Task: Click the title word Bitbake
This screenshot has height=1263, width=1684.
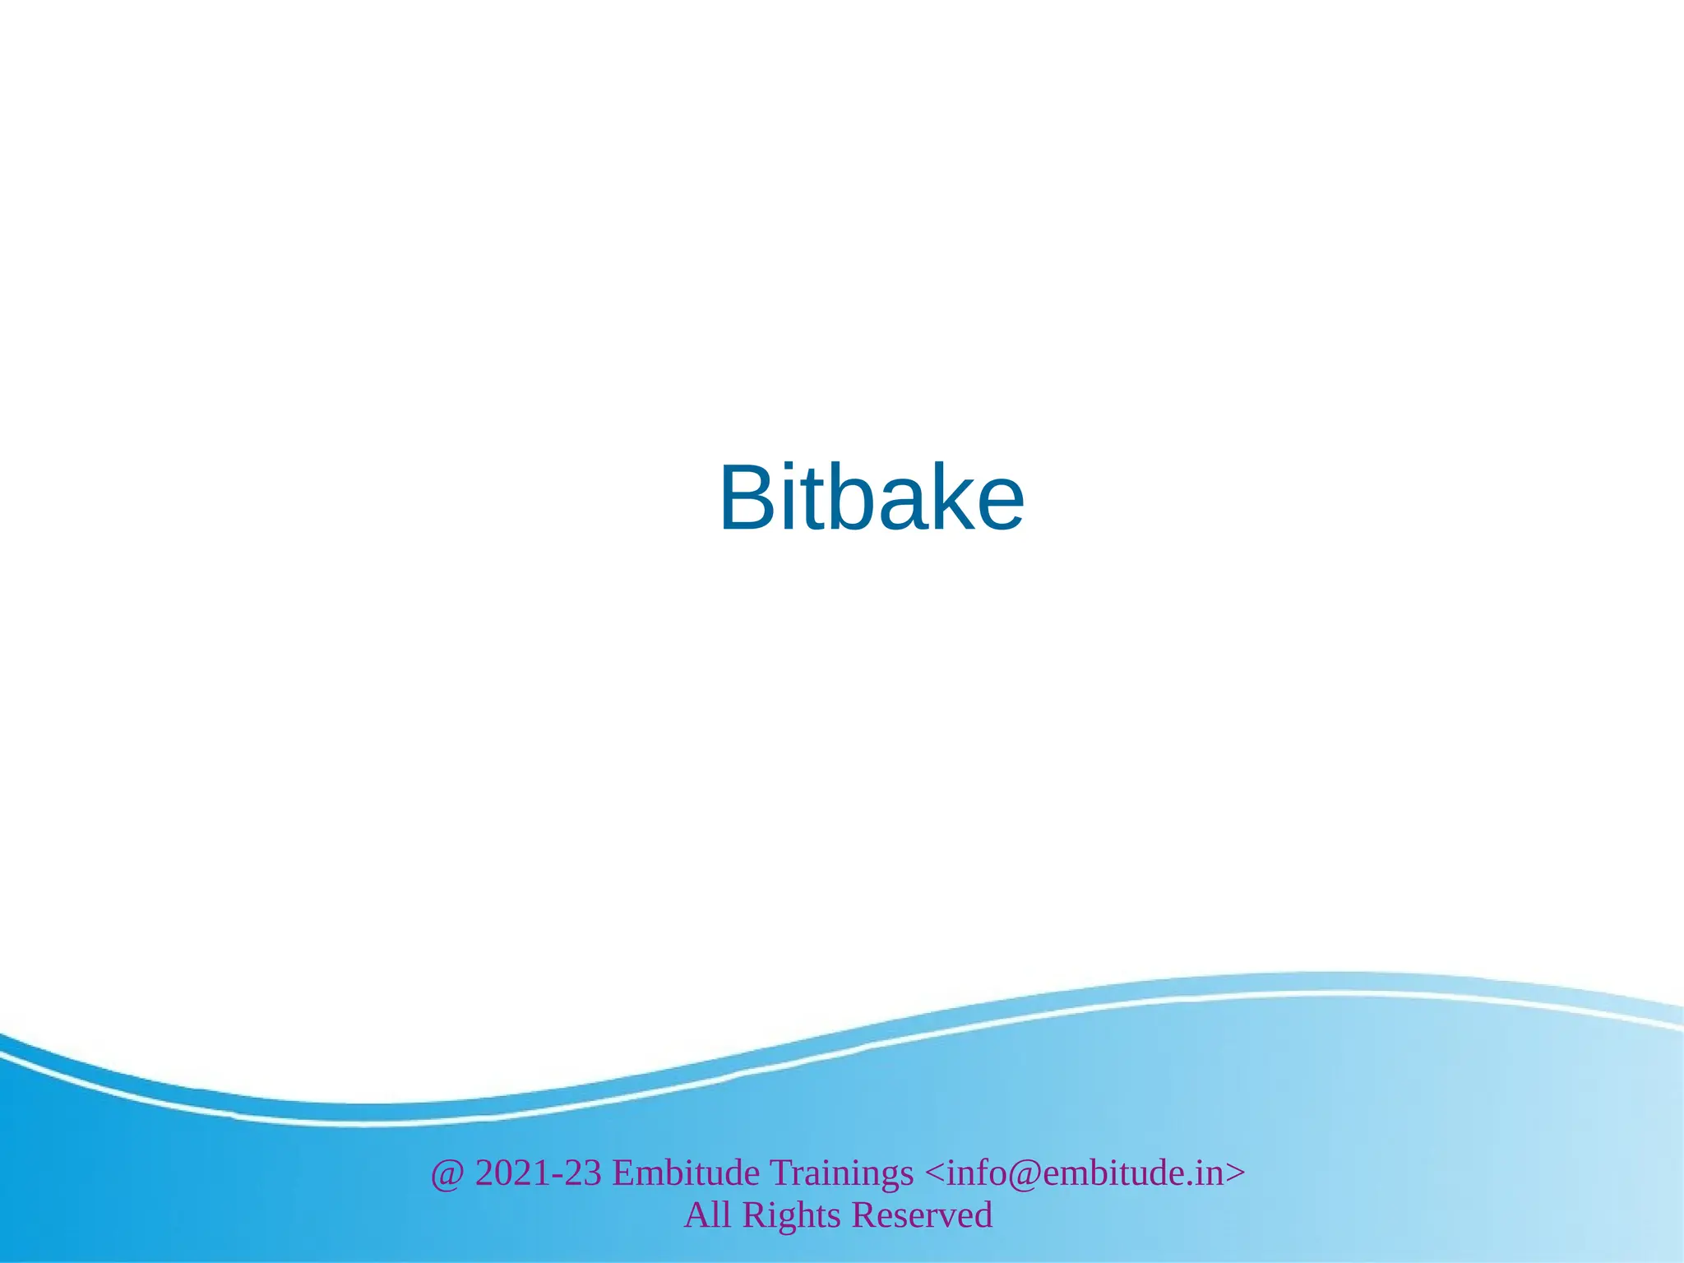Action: click(872, 498)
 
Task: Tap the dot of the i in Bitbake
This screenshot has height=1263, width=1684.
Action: click(791, 470)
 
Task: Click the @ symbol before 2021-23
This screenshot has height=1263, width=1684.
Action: click(447, 1173)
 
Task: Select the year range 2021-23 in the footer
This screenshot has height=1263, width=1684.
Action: click(539, 1173)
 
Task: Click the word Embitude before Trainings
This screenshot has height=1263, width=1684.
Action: click(686, 1173)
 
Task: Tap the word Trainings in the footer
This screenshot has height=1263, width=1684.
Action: click(841, 1173)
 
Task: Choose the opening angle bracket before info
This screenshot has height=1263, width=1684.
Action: click(935, 1173)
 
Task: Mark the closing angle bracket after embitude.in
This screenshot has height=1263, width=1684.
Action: click(1235, 1173)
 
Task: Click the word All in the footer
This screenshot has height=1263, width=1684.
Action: click(707, 1215)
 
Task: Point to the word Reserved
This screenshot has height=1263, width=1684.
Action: click(922, 1215)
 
